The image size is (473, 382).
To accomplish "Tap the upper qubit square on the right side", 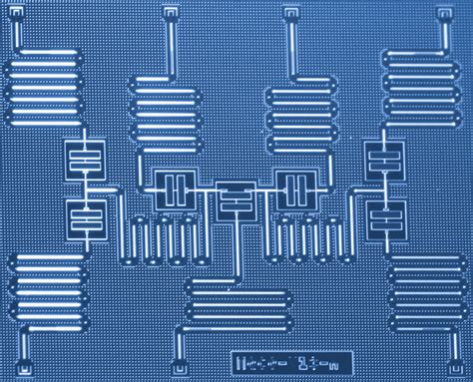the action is pos(381,157).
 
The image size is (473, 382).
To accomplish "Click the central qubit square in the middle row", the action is pos(236,199).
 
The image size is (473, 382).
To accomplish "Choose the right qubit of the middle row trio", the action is pos(296,189).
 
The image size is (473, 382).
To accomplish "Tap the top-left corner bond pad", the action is pos(16,13).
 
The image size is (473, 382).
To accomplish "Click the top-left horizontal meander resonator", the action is pos(45,85).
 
